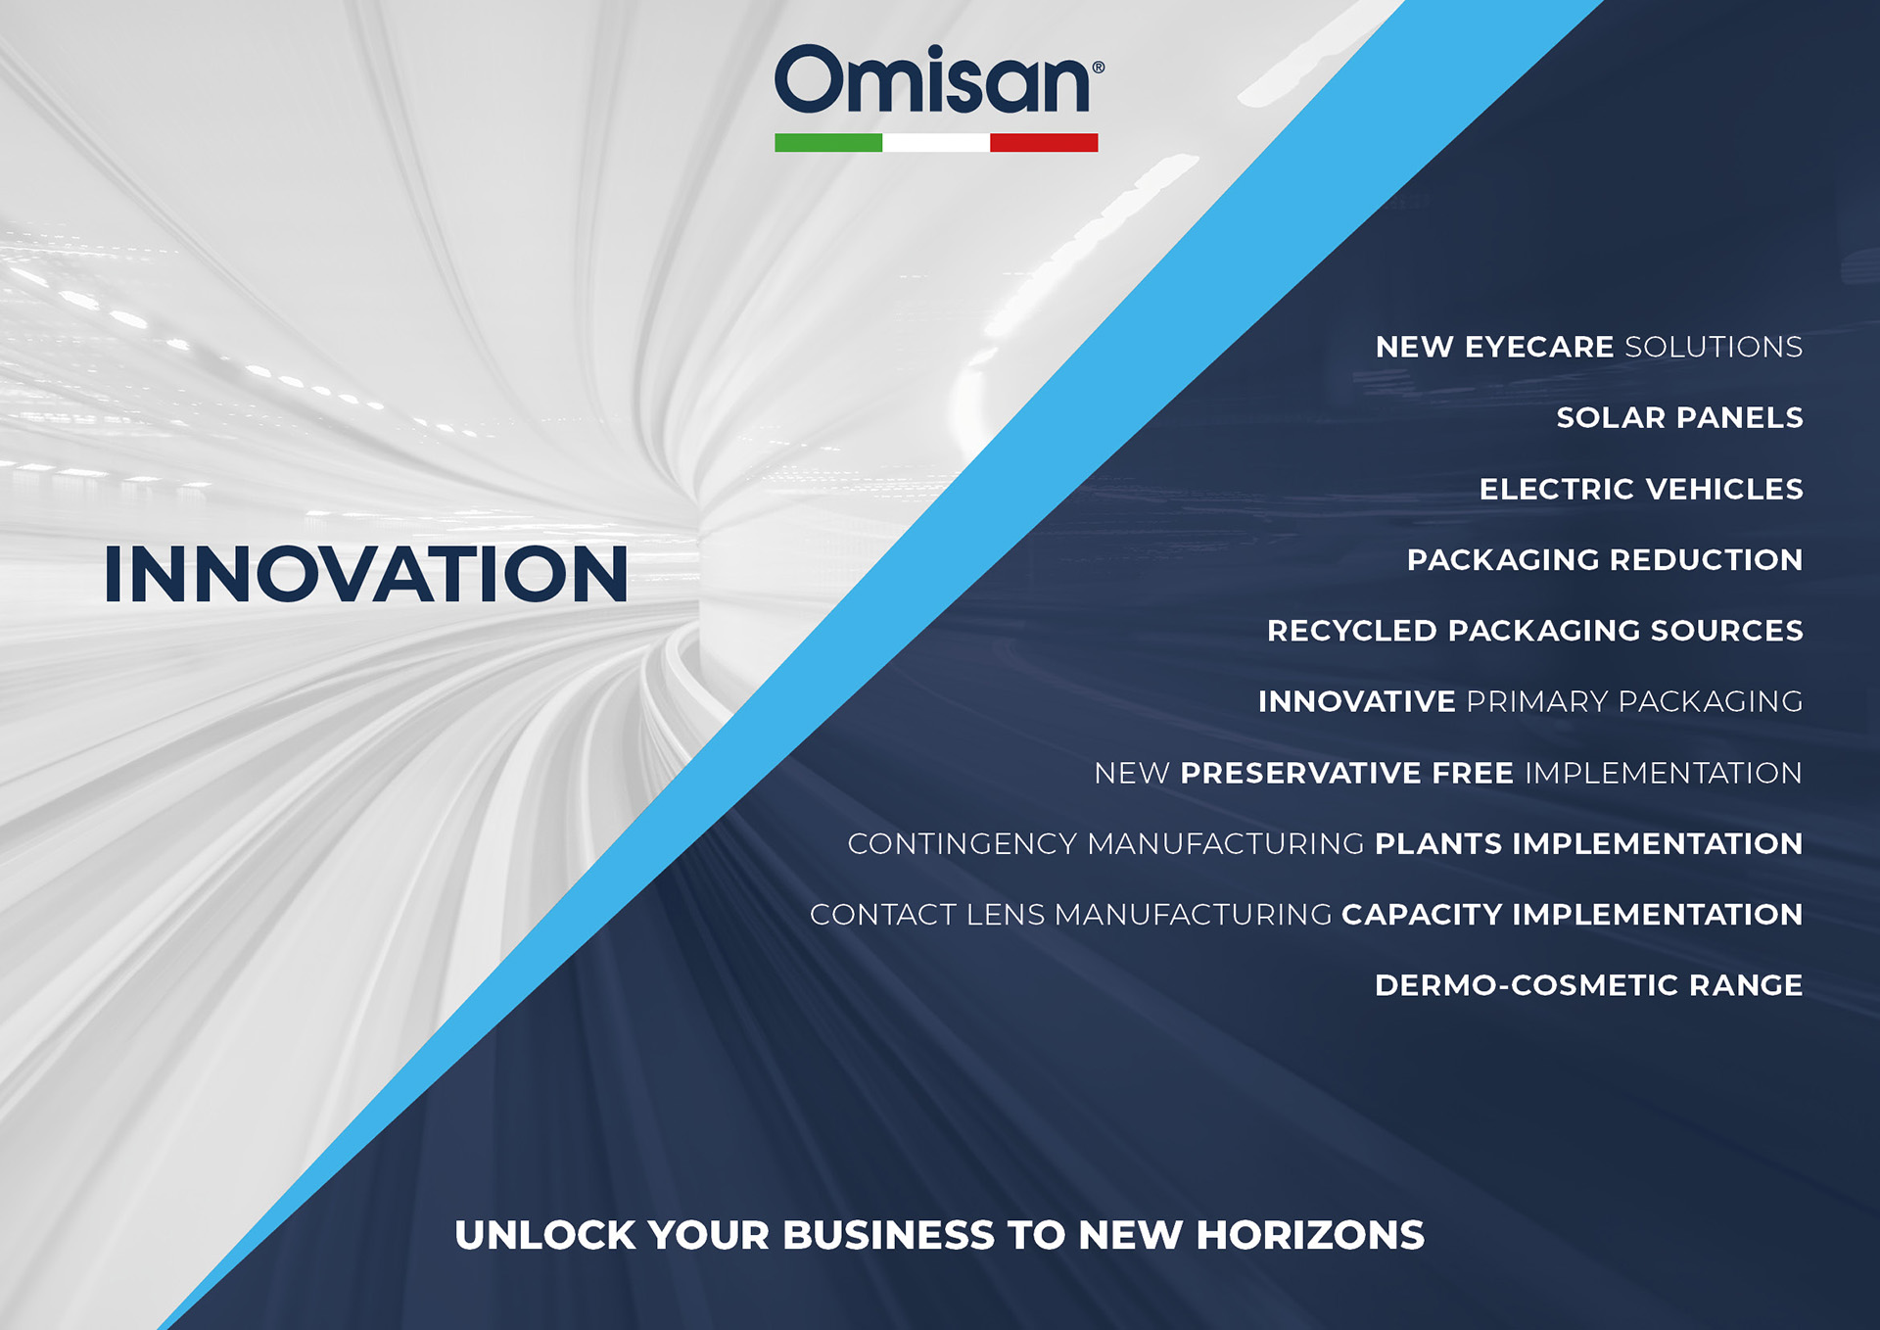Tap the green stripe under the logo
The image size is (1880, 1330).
[x=828, y=143]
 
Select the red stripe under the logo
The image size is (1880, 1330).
[x=1044, y=143]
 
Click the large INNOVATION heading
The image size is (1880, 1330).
[x=366, y=574]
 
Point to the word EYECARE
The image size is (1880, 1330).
[x=1539, y=347]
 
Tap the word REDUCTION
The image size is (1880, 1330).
[x=1706, y=559]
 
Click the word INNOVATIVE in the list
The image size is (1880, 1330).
[x=1357, y=701]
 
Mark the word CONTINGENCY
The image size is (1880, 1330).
[x=963, y=843]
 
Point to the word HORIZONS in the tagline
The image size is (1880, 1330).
[x=1310, y=1235]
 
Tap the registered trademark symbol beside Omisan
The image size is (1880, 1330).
[x=1099, y=68]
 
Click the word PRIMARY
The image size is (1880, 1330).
[x=1537, y=701]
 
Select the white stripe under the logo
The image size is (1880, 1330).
[x=936, y=143]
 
